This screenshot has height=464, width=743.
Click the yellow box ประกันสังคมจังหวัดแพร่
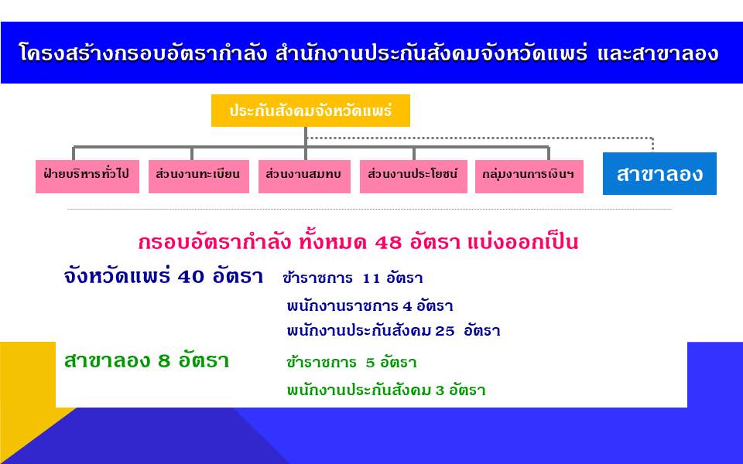click(310, 111)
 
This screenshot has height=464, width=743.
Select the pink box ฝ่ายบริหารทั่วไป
click(87, 176)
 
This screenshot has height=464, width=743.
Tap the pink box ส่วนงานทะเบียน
click(199, 176)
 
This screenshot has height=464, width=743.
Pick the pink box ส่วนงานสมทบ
click(304, 176)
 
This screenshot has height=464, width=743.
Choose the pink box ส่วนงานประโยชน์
click(413, 176)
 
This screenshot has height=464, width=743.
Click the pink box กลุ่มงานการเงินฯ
click(529, 176)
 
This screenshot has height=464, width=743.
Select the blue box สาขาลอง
click(659, 174)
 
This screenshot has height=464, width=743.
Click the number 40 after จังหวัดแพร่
click(191, 277)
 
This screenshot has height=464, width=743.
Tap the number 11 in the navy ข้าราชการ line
click(371, 279)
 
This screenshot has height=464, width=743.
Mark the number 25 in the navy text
click(444, 331)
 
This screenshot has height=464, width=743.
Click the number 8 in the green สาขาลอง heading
click(164, 361)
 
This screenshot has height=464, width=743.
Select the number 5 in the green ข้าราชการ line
click(370, 363)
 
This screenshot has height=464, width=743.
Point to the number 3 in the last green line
click(440, 391)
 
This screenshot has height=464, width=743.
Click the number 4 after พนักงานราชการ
click(407, 306)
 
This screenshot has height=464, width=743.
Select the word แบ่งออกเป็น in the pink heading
click(522, 242)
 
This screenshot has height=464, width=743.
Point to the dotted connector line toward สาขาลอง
click(480, 138)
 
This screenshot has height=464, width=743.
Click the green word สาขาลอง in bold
click(107, 361)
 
